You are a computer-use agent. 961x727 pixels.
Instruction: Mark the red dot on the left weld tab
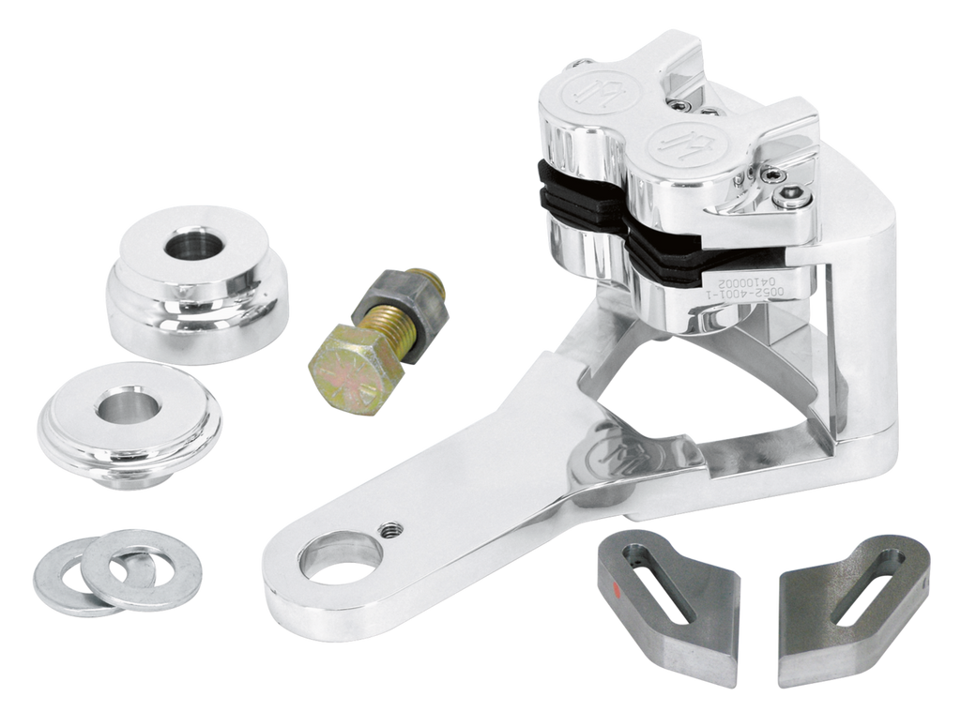click(x=617, y=591)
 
